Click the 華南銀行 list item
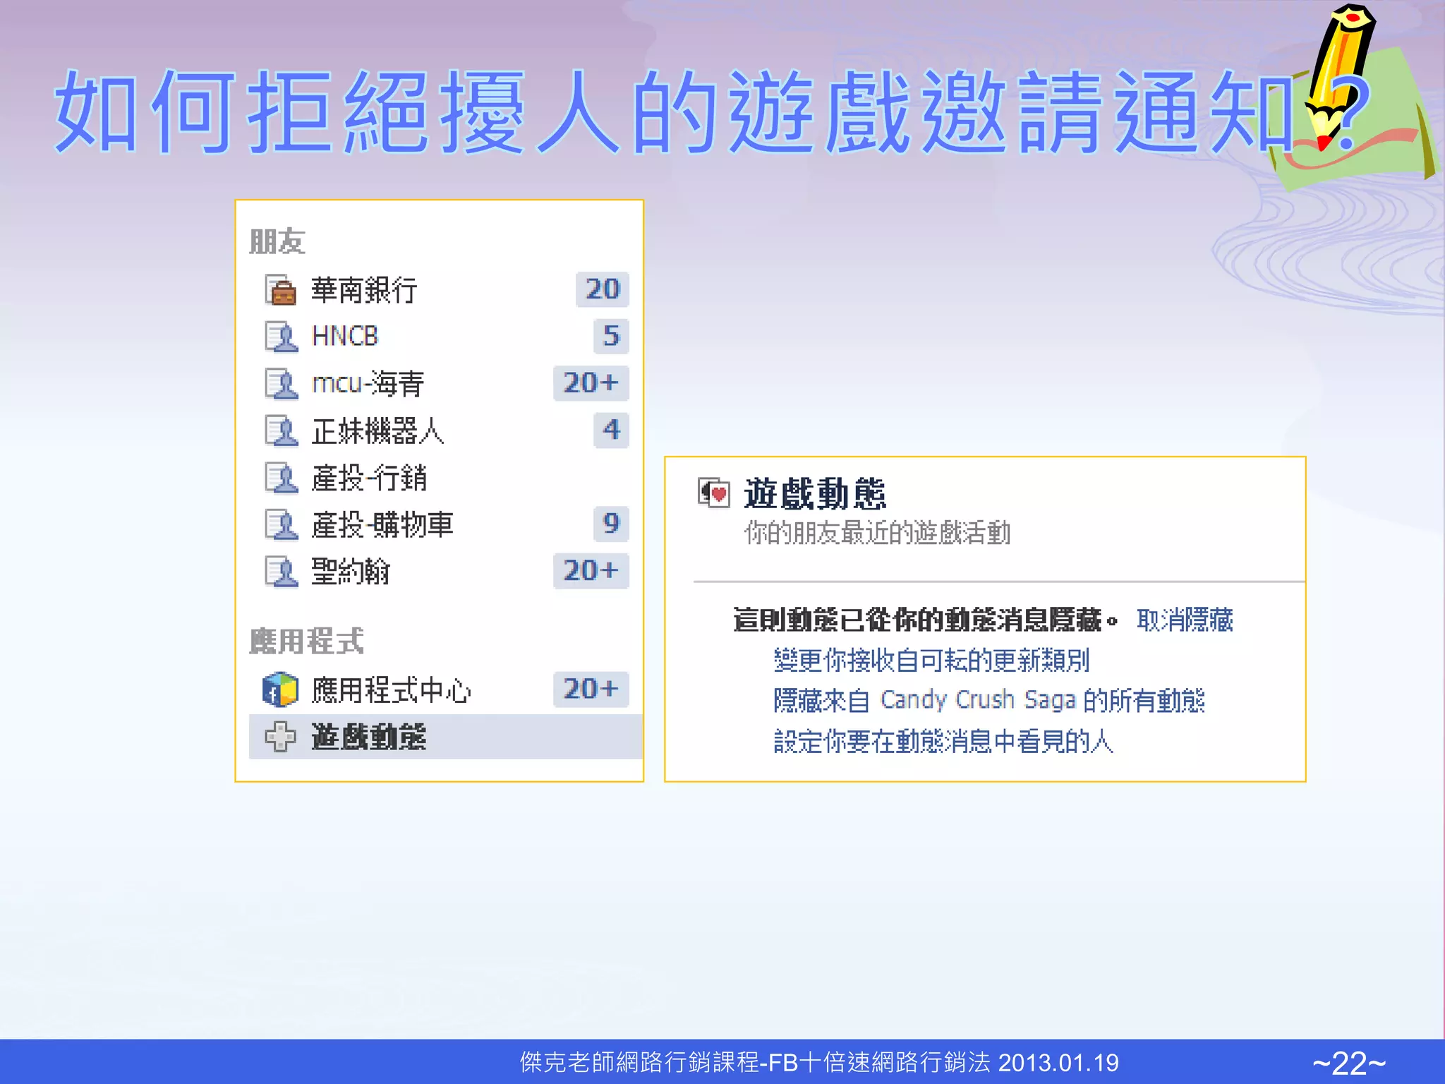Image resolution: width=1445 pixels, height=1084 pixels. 364,290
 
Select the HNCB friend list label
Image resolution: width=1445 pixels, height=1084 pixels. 345,337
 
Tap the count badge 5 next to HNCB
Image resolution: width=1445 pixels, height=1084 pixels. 610,336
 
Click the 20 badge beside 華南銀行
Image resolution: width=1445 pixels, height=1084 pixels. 602,289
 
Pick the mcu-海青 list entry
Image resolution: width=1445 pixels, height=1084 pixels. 368,383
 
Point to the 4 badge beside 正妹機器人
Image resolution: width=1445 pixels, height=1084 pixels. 610,430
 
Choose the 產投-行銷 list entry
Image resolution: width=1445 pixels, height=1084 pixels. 369,478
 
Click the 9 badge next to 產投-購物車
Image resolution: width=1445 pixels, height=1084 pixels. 610,524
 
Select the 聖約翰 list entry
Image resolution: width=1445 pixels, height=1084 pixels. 351,571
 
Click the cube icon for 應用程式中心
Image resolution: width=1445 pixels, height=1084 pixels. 280,689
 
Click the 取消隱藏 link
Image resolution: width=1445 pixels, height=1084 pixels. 1185,620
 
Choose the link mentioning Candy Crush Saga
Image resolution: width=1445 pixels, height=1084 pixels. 988,701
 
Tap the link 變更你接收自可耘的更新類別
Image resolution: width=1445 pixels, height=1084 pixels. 931,661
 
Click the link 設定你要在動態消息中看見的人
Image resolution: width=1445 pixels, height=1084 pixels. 943,742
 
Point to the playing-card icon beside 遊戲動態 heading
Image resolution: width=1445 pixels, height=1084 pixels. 713,493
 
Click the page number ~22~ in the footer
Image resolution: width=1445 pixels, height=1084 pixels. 1349,1063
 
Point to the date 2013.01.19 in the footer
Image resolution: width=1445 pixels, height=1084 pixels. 1058,1063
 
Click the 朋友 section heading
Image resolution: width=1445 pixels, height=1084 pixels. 277,242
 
